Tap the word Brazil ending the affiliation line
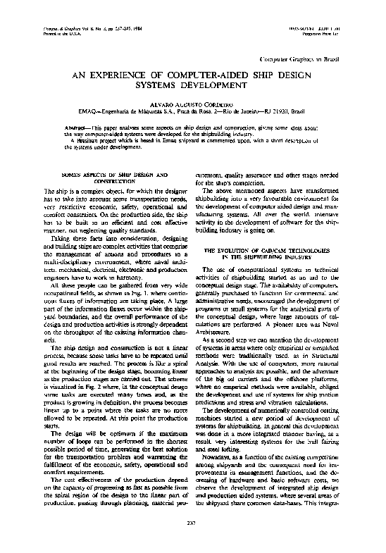tap(296, 111)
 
